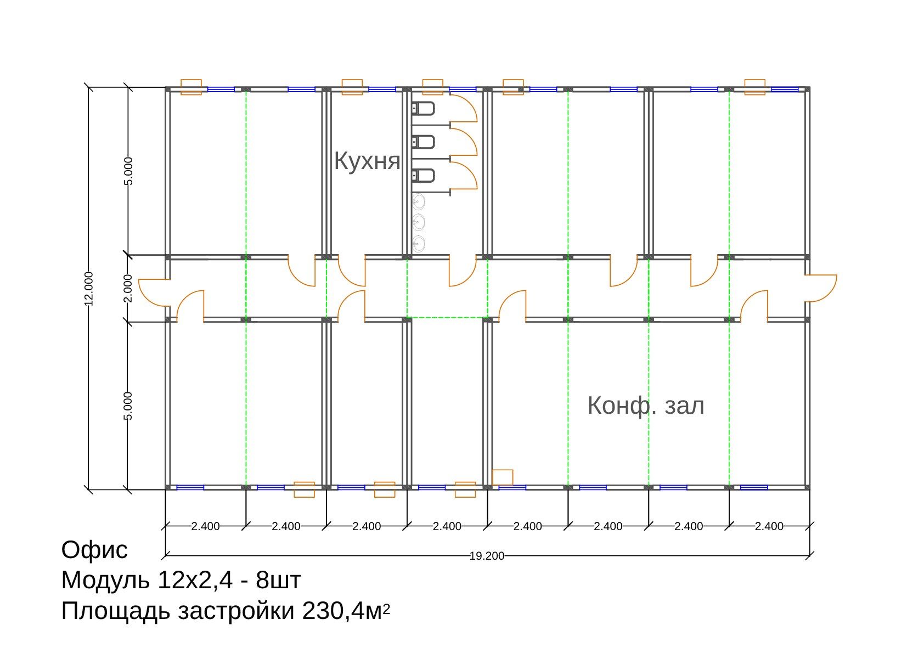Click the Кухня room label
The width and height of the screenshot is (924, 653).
point(367,161)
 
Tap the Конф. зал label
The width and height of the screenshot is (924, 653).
point(646,406)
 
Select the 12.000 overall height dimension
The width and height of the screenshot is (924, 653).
point(89,289)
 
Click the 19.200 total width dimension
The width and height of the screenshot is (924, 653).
point(487,556)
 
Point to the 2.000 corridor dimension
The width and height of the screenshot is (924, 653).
point(128,288)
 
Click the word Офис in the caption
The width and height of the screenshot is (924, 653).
point(94,550)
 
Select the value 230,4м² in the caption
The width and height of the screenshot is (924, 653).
point(346,611)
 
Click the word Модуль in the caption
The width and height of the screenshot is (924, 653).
point(105,581)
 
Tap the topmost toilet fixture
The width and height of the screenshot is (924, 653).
point(423,109)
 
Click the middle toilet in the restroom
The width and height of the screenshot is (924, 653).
point(423,142)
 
